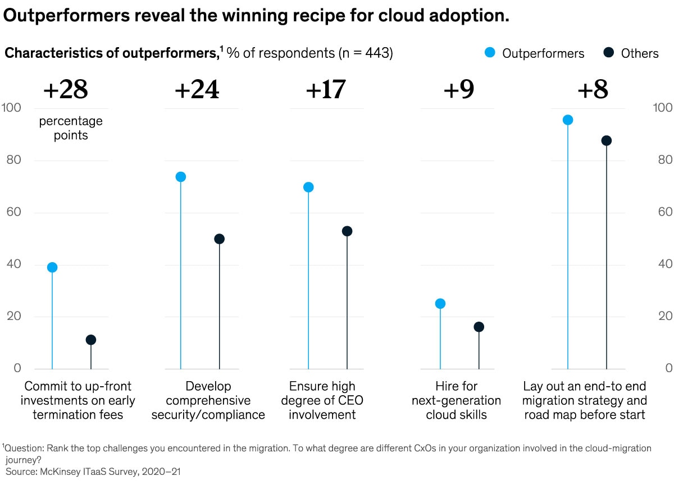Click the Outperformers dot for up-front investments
coord(52,267)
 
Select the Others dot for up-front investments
coord(91,340)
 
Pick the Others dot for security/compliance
coord(219,239)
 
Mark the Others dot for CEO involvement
coord(347,231)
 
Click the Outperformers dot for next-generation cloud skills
coord(440,304)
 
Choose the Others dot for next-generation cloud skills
coord(479,327)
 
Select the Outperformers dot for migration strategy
coord(568,120)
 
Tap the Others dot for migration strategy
coord(607,140)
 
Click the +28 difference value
coord(66,90)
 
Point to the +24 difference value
coord(197,90)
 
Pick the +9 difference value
coord(459,90)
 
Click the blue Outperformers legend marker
coord(490,53)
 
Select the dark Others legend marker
coord(608,53)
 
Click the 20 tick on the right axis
coord(662,316)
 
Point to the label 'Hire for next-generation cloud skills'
coord(456,401)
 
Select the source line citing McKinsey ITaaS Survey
coord(93,472)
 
